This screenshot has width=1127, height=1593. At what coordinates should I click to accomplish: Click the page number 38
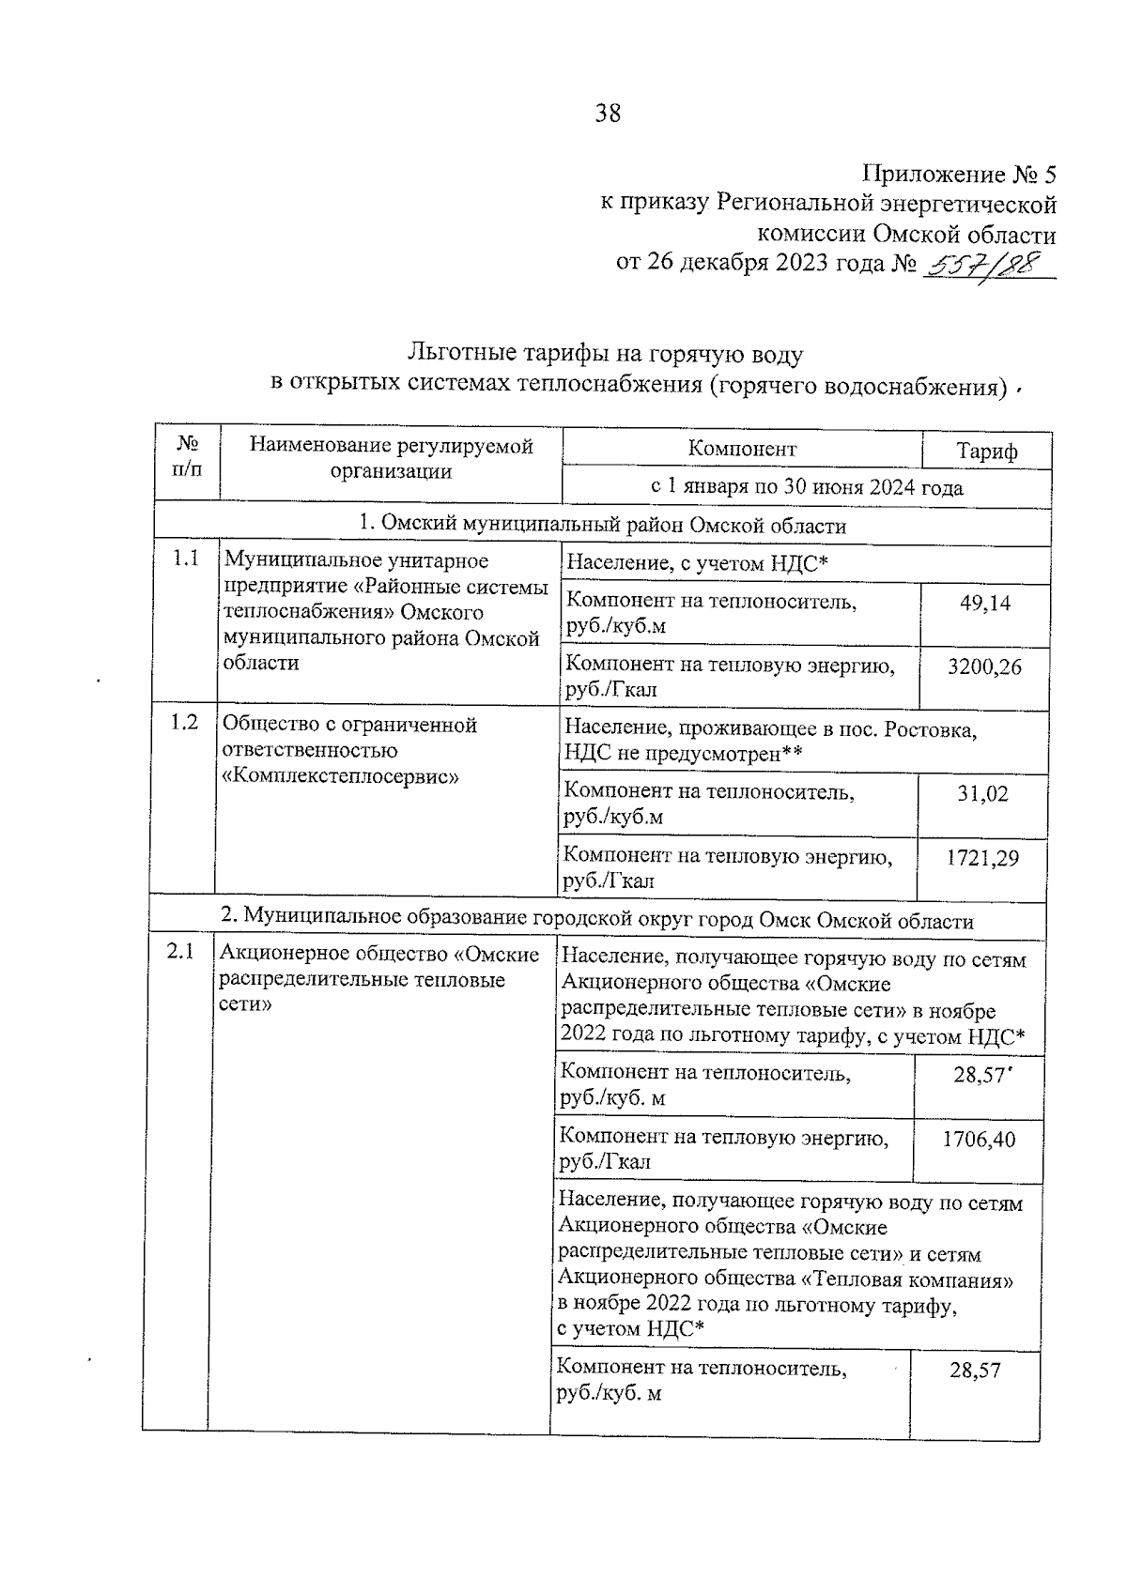[608, 115]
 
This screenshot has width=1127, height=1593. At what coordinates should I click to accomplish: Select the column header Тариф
[987, 451]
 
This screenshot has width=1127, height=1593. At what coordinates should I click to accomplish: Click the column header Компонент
[742, 449]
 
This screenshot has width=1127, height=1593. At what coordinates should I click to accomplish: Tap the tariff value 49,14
[985, 604]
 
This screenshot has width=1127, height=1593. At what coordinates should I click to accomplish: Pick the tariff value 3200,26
[984, 667]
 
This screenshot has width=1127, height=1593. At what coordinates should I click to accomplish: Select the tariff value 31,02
[982, 794]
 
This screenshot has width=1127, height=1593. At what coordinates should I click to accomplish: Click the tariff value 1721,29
[981, 858]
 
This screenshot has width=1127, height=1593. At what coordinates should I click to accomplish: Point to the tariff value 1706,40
[979, 1141]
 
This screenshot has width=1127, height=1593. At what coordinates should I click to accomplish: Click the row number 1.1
[186, 560]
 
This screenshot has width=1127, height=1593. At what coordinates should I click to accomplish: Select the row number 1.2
[184, 723]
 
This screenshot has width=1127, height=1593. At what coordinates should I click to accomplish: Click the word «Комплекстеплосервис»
[339, 776]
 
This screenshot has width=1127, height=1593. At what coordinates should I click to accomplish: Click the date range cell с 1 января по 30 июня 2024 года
[806, 488]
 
